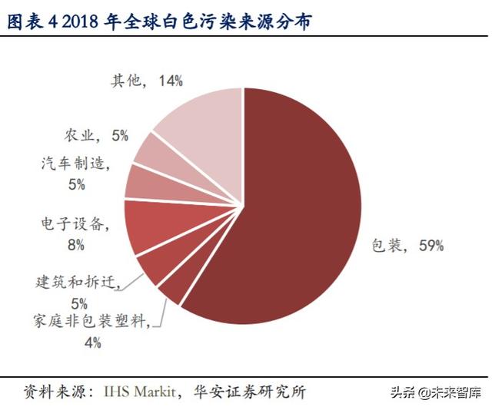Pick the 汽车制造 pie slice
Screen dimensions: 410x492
[x=145, y=180]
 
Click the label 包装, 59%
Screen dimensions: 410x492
[x=407, y=246]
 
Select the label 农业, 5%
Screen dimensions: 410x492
[x=98, y=135]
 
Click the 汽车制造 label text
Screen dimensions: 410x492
[x=76, y=163]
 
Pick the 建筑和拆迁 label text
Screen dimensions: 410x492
[x=78, y=282]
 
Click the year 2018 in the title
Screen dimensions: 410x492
[x=76, y=24]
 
